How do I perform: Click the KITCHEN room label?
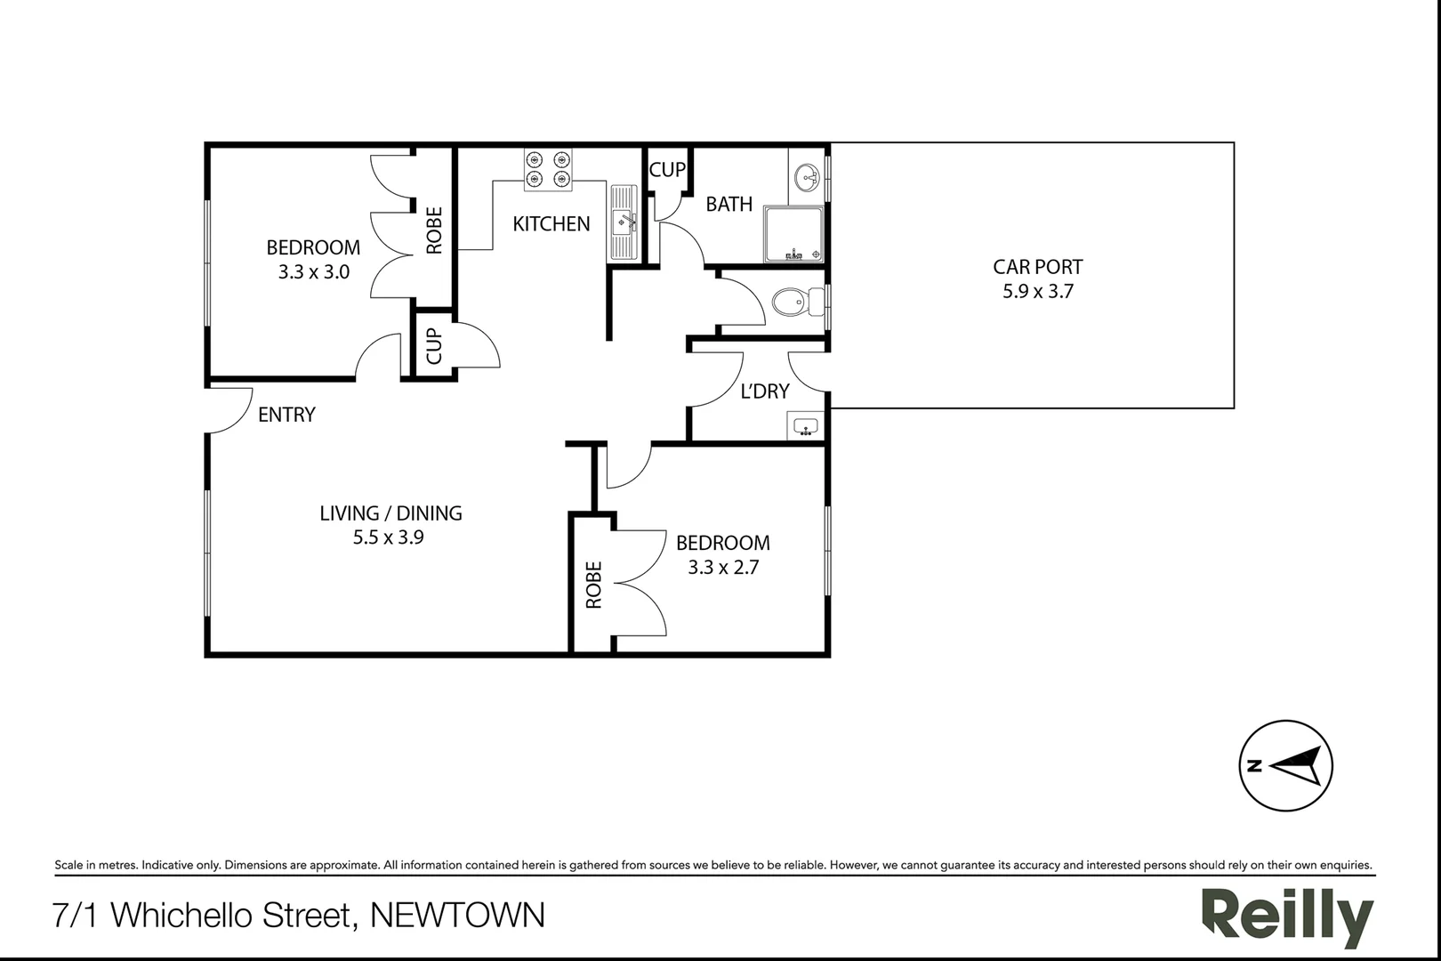(x=551, y=223)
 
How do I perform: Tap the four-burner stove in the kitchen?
(x=547, y=169)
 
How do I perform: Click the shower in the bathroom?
(x=793, y=235)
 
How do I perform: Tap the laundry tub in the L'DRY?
(x=805, y=427)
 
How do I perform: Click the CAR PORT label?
(x=1037, y=267)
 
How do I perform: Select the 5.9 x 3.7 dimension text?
(x=1037, y=291)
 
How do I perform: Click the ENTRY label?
(x=286, y=415)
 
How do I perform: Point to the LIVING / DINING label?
(x=390, y=513)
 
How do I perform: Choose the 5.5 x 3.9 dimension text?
(x=388, y=537)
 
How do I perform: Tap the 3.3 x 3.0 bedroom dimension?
(x=313, y=272)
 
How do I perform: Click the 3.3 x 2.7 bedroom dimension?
(x=722, y=567)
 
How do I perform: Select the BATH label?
(x=729, y=205)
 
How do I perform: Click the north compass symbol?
(x=1285, y=765)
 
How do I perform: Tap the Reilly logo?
(x=1287, y=916)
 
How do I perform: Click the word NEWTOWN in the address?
(x=457, y=915)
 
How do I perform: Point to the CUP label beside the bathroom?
(x=667, y=169)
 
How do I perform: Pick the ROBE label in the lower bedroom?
(x=593, y=585)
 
